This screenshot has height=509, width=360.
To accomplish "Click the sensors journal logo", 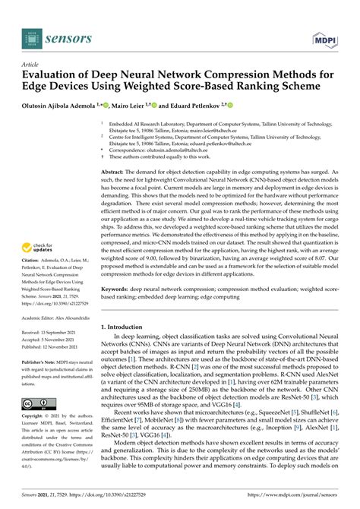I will [x=56, y=35].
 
